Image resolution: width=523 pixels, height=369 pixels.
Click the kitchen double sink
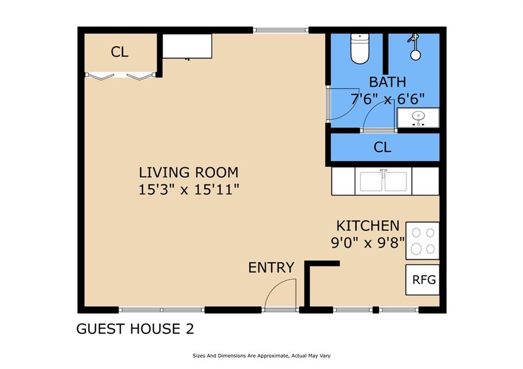[384, 181]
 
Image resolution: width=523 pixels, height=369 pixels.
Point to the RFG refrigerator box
[422, 280]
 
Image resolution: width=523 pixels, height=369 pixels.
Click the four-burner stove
[422, 241]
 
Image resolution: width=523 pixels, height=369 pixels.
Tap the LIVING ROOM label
[189, 173]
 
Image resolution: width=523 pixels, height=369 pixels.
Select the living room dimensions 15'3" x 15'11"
[189, 190]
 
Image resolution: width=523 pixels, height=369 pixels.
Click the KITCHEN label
[368, 226]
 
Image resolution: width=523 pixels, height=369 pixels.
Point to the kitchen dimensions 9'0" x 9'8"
[368, 242]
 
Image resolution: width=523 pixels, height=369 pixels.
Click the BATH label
[388, 82]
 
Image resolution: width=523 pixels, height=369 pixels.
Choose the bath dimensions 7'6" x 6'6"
[388, 99]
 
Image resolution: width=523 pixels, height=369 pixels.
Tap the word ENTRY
[271, 267]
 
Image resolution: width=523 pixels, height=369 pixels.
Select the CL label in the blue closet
[382, 147]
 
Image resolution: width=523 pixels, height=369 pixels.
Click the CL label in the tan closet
[120, 52]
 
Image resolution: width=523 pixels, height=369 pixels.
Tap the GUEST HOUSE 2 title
[135, 329]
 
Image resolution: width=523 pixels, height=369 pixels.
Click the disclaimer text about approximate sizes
[261, 356]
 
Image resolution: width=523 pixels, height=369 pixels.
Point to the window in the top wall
[280, 30]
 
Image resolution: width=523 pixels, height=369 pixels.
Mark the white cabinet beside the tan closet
[187, 46]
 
